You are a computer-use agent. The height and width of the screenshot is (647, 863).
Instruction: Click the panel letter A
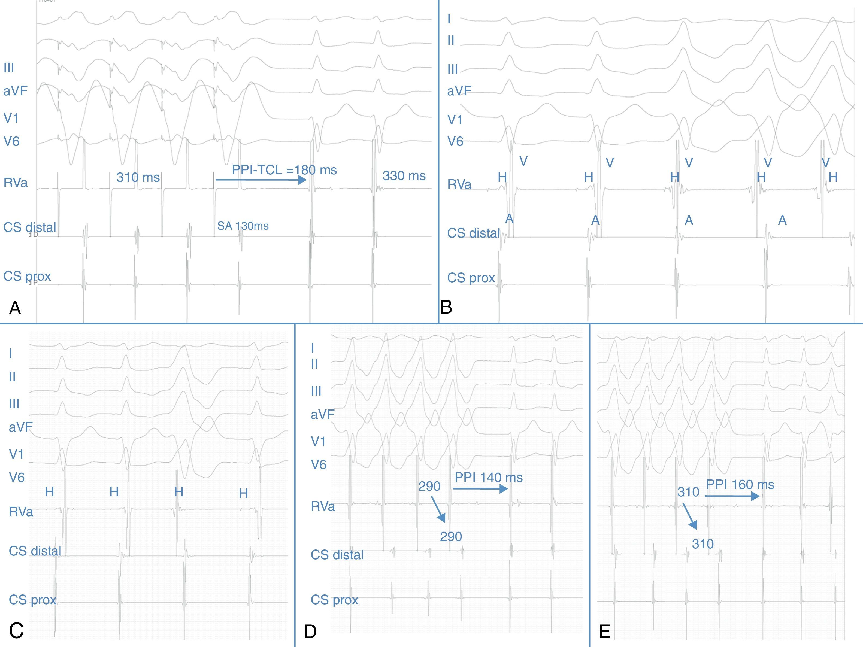click(x=15, y=308)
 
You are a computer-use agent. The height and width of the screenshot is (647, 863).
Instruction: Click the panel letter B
click(x=446, y=307)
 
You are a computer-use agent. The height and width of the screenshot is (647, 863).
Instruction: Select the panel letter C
click(x=16, y=631)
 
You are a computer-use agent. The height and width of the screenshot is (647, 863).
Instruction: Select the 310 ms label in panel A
click(x=138, y=177)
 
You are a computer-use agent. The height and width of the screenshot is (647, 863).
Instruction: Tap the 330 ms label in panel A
click(x=404, y=176)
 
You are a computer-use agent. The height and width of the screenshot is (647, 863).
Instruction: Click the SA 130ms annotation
click(x=243, y=226)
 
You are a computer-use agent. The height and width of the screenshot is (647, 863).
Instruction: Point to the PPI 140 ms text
click(x=489, y=477)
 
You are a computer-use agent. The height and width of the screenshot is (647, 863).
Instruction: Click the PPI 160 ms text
click(x=740, y=484)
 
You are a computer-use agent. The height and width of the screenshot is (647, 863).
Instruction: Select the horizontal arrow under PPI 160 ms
click(x=732, y=496)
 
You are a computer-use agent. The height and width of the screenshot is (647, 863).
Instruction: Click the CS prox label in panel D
click(x=334, y=599)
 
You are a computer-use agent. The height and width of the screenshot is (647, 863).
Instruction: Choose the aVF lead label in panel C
click(x=20, y=427)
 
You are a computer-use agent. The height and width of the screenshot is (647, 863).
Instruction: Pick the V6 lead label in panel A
click(x=11, y=141)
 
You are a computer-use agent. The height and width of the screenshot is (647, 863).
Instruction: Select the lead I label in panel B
click(x=449, y=19)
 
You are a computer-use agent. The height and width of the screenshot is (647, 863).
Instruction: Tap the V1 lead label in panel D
click(x=318, y=442)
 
